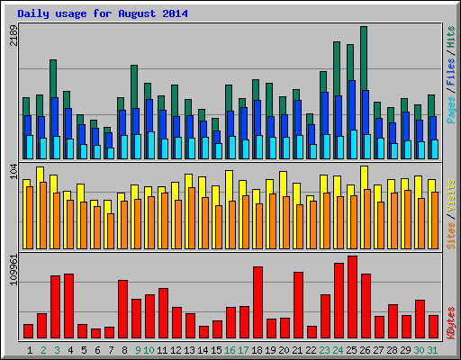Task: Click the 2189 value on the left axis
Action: (13, 35)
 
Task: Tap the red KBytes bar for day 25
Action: (352, 296)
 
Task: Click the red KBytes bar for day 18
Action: (258, 301)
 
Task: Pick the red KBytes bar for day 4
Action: (68, 305)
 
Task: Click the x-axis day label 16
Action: (230, 349)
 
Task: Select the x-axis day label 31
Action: (433, 349)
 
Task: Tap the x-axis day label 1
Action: (30, 349)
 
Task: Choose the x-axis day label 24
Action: (339, 349)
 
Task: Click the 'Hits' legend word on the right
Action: (449, 35)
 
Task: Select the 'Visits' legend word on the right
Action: (449, 194)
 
